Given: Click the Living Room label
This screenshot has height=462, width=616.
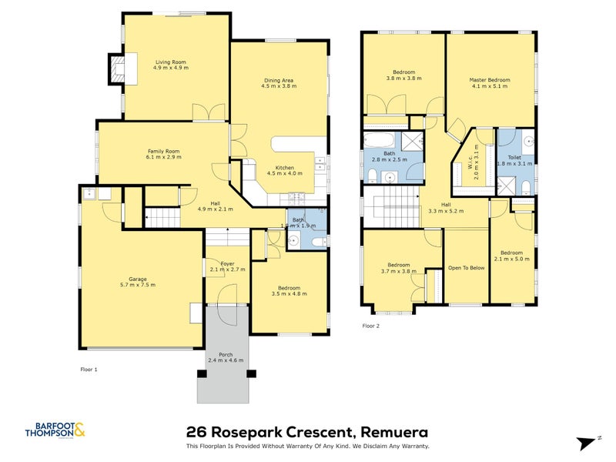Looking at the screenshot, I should point(170,62).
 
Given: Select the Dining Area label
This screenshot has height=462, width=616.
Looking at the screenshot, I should point(279,80).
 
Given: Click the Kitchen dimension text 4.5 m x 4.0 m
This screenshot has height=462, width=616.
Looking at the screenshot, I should point(284,173).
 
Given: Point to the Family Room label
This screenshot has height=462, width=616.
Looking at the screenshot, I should point(163,151).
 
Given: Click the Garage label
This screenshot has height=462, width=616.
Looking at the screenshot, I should point(138,279).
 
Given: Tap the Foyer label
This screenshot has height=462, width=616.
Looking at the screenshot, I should point(227,264).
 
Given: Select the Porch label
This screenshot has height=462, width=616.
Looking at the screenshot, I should point(226,354).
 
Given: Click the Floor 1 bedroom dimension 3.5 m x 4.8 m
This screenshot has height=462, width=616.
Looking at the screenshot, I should point(290,293).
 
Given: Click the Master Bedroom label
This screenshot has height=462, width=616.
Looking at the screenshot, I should point(490,79).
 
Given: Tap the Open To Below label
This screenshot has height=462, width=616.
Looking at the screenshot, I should point(467,268).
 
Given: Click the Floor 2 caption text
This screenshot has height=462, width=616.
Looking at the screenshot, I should point(371,326).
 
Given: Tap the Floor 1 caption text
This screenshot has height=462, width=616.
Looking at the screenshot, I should point(89,370).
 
